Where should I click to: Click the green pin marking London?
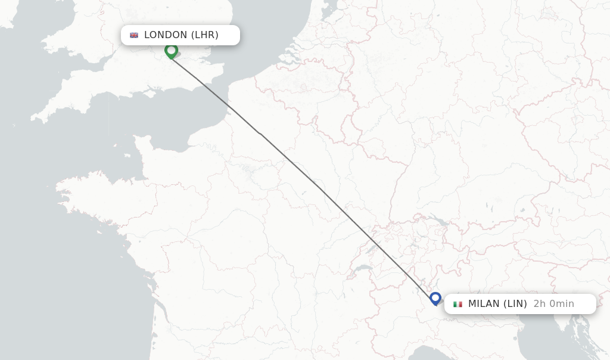[171, 51]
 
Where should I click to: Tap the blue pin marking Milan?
[435, 298]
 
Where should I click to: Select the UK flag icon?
[134, 35]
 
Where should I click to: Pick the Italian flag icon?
[457, 304]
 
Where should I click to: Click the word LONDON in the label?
[166, 35]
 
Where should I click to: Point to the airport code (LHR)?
[204, 35]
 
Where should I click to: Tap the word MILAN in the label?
[484, 304]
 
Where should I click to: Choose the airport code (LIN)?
[515, 304]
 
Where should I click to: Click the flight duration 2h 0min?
[554, 304]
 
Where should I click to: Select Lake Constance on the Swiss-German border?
[438, 220]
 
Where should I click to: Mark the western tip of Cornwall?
[33, 119]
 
